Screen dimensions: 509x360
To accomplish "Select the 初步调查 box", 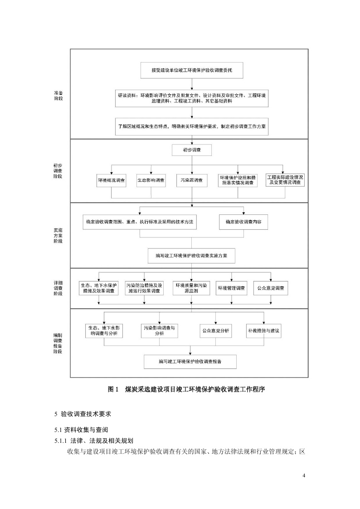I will pyautogui.click(x=191, y=150).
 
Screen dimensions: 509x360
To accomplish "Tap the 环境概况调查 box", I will pyautogui.click(x=112, y=180).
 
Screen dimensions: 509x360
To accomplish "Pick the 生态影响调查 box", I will pyautogui.click(x=151, y=180).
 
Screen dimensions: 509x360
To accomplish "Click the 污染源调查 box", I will pyautogui.click(x=191, y=180).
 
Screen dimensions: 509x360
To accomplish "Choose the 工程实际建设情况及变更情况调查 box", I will pyautogui.click(x=285, y=179).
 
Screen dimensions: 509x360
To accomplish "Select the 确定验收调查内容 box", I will pyautogui.click(x=244, y=222).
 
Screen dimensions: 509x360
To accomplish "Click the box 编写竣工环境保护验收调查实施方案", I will pyautogui.click(x=191, y=255).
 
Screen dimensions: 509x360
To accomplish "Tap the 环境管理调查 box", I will pyautogui.click(x=231, y=288).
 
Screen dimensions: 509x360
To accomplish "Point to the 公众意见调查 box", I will pyautogui.click(x=271, y=288).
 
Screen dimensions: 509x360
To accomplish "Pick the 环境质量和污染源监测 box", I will pyautogui.click(x=191, y=288).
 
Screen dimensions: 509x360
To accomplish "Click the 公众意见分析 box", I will pyautogui.click(x=215, y=330).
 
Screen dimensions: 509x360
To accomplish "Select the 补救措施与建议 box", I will pyautogui.click(x=264, y=330).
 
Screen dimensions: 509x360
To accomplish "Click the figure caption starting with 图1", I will pyautogui.click(x=186, y=389).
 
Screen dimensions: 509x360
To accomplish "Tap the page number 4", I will pyautogui.click(x=304, y=475).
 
